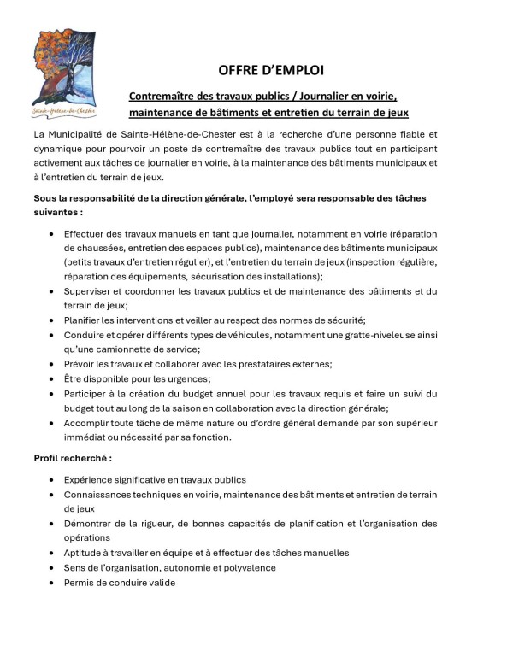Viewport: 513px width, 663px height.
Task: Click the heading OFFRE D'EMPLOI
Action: [270, 69]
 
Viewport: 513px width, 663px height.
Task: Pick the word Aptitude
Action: [84, 553]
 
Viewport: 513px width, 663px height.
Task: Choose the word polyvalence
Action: [249, 567]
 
